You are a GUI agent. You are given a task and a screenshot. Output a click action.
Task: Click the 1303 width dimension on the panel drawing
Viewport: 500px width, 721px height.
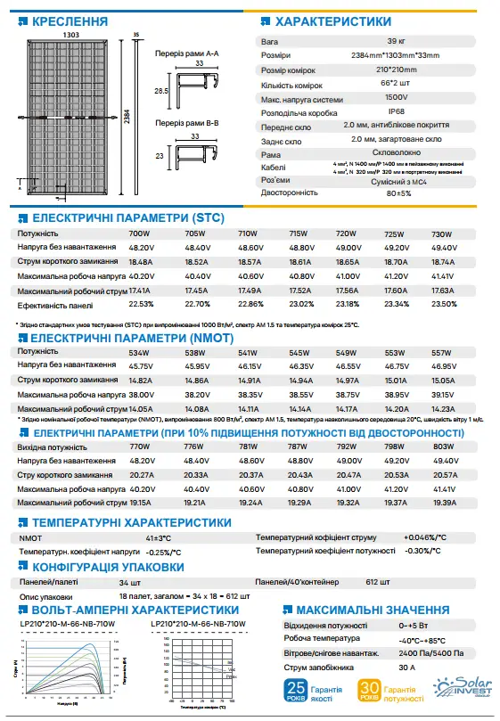pos(70,34)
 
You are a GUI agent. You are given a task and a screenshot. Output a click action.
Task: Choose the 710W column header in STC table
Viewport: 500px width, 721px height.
pos(247,234)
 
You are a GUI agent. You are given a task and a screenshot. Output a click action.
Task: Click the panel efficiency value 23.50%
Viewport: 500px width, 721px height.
pos(443,304)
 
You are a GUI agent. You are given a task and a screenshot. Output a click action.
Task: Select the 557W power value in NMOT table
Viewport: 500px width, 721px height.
pos(443,352)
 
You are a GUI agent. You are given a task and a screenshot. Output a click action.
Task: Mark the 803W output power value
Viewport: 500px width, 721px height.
pos(443,446)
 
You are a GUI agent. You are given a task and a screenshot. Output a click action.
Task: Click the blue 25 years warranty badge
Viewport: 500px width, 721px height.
pos(297,692)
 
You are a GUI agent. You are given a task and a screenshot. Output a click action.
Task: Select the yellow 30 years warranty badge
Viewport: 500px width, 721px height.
pos(367,692)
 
